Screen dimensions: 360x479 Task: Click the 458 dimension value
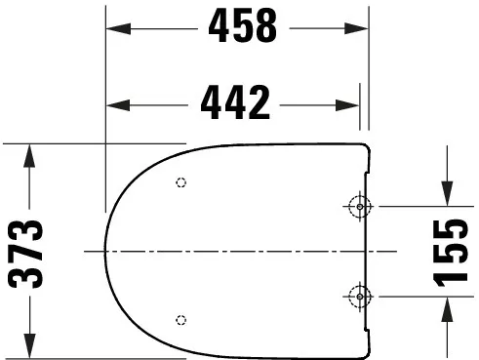(x=242, y=28)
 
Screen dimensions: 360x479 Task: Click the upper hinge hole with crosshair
(x=359, y=207)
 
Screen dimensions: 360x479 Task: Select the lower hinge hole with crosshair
(x=359, y=296)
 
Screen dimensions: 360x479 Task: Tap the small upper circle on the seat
(x=180, y=182)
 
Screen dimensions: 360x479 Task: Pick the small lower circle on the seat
(x=180, y=320)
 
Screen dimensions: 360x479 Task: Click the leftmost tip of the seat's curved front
(x=105, y=251)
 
